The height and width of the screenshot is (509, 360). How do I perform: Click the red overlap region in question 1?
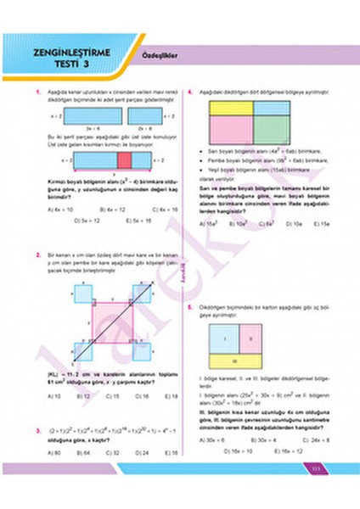tap(124, 159)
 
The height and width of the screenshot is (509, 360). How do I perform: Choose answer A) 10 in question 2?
tap(54, 396)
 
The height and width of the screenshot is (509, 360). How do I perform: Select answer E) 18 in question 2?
tap(170, 396)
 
